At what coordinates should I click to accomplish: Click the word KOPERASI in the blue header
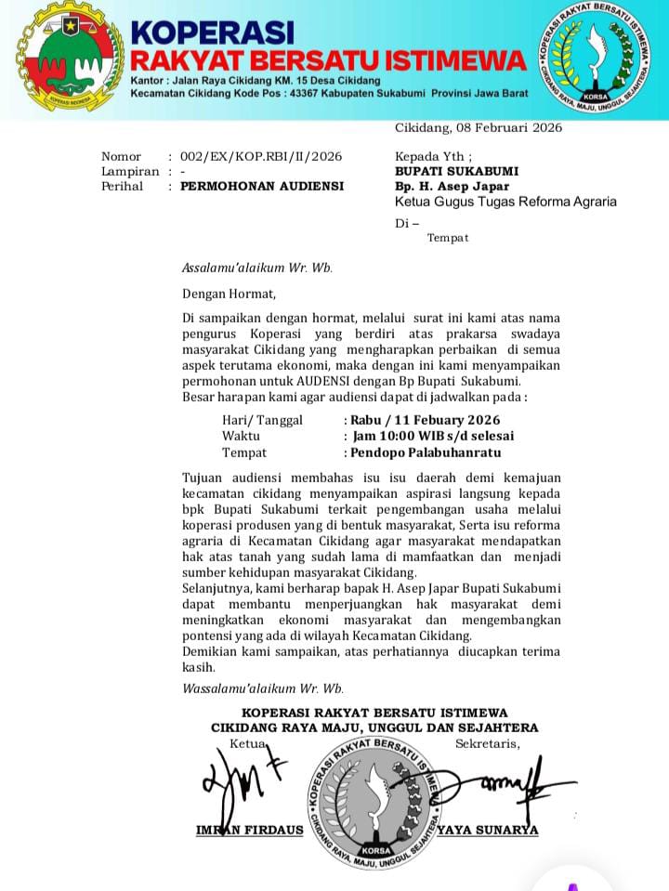pyautogui.click(x=212, y=33)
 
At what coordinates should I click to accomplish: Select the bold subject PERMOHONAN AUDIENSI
pyautogui.click(x=261, y=186)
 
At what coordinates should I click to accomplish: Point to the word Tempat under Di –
pyautogui.click(x=447, y=238)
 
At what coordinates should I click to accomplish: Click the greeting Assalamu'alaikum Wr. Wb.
pyautogui.click(x=256, y=269)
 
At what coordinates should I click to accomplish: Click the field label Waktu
pyautogui.click(x=241, y=436)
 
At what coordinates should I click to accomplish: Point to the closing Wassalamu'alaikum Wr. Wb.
pyautogui.click(x=262, y=688)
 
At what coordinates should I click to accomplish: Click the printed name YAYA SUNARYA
pyautogui.click(x=487, y=830)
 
